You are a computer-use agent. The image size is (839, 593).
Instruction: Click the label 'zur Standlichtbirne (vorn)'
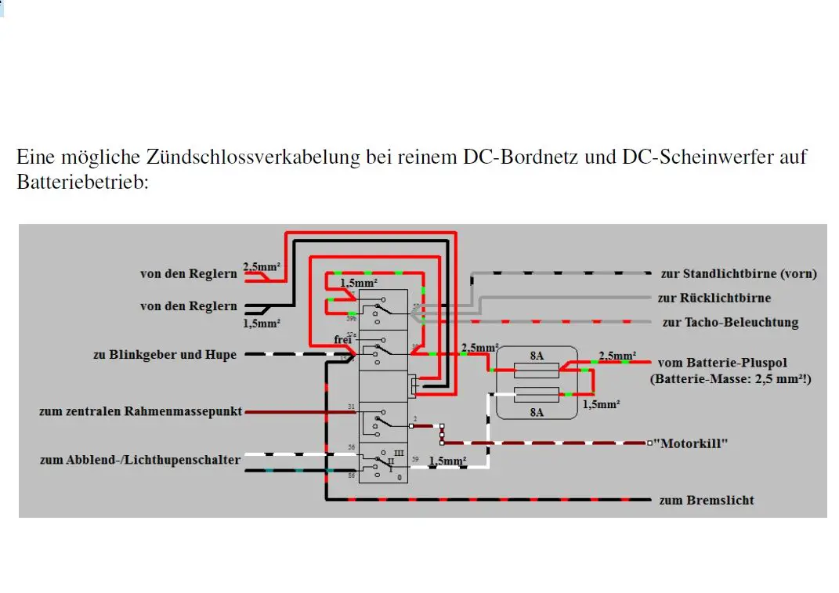click(738, 273)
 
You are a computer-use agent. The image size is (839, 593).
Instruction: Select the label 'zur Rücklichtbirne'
click(714, 298)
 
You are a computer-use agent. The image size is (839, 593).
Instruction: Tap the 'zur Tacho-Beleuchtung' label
click(729, 322)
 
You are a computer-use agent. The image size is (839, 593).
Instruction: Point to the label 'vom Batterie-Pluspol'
click(722, 363)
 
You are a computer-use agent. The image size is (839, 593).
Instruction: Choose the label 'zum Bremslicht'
click(707, 500)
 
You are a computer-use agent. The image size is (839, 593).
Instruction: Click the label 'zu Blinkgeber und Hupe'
click(165, 355)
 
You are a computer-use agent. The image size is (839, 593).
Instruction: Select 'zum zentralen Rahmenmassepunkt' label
click(141, 411)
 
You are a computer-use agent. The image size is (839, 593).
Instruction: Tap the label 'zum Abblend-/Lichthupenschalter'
click(140, 460)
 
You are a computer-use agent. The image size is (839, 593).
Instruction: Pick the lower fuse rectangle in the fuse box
click(536, 394)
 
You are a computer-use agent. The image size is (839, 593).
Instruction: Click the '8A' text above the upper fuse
click(537, 355)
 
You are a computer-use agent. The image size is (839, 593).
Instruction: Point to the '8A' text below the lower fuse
click(537, 412)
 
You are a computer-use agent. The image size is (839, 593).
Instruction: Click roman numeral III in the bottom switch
click(398, 454)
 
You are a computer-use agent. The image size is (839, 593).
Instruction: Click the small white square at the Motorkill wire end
click(649, 443)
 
